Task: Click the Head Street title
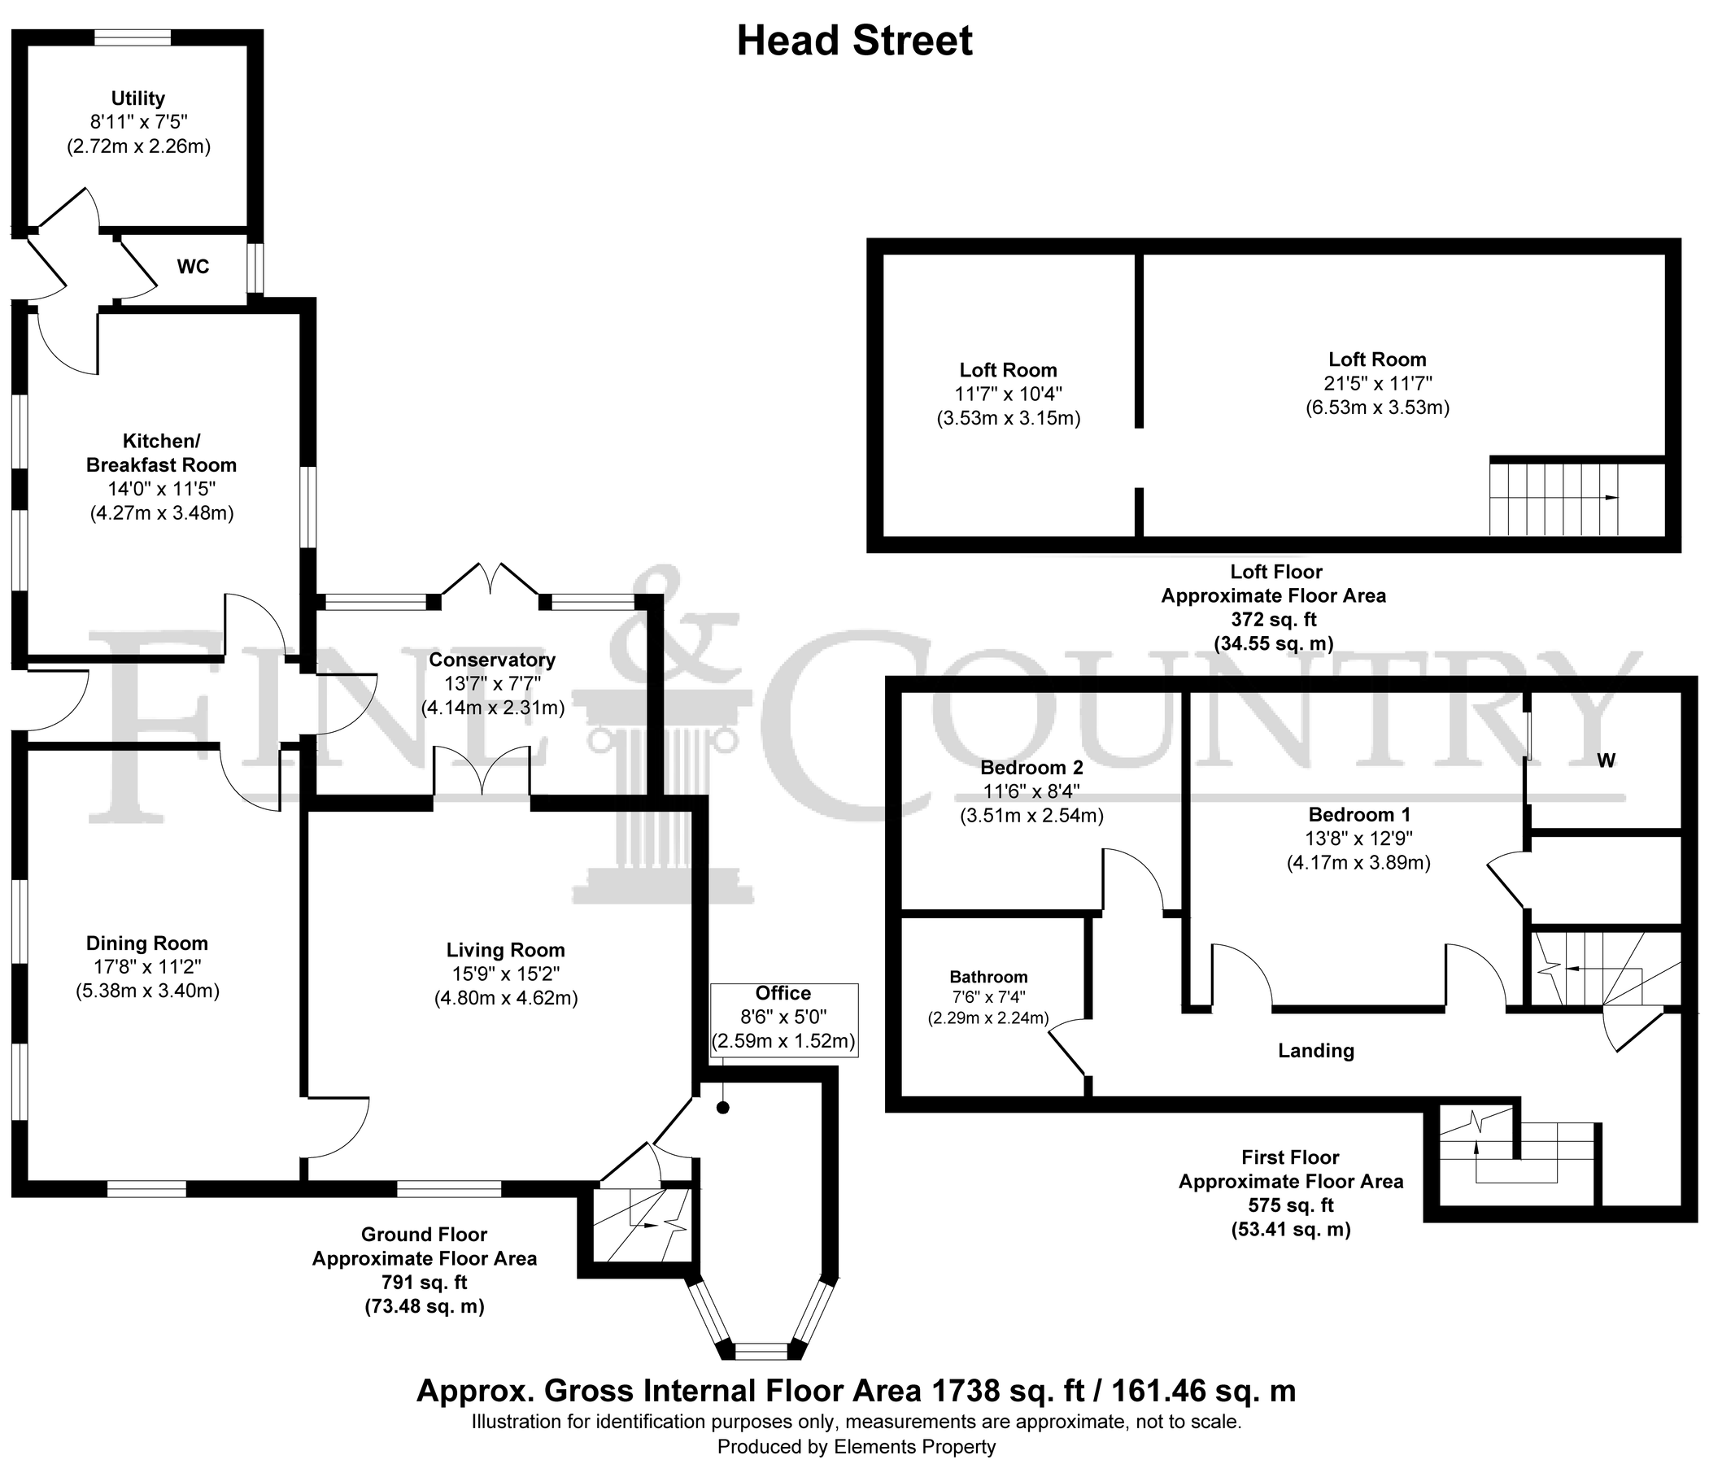point(854,41)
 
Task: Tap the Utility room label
point(137,98)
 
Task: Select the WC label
point(193,267)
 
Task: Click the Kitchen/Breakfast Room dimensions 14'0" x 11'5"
point(162,488)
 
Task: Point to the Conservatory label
point(491,660)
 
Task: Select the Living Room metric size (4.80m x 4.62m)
point(506,998)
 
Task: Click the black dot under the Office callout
point(722,1108)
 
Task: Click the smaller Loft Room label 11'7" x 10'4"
point(1008,394)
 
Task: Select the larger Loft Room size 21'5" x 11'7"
point(1376,384)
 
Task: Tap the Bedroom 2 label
point(1031,768)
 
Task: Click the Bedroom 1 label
point(1358,815)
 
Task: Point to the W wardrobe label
point(1605,760)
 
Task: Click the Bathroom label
point(988,978)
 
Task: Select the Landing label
point(1315,1051)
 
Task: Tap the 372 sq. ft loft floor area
point(1274,620)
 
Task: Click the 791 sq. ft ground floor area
point(424,1283)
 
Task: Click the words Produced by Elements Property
point(857,1447)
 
